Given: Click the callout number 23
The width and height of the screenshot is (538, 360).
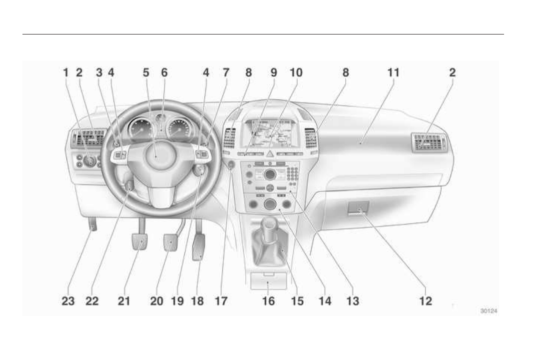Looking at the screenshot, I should [x=68, y=301].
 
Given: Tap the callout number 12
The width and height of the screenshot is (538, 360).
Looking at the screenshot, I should [x=426, y=301].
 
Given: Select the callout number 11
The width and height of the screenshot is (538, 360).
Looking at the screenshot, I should [x=393, y=72].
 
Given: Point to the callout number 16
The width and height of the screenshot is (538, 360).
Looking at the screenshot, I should [x=268, y=301].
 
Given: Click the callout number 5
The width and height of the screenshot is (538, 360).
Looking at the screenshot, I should [x=146, y=72].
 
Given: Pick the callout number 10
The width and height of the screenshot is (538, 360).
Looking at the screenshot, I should [x=296, y=72].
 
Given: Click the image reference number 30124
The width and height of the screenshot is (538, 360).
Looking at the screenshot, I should [x=489, y=310].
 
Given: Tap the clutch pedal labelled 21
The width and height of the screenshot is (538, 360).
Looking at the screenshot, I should [x=139, y=241].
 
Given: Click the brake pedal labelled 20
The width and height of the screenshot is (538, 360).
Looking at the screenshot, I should [x=171, y=243].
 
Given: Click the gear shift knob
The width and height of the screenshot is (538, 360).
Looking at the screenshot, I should [x=269, y=223].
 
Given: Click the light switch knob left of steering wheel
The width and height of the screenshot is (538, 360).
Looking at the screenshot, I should [x=90, y=161].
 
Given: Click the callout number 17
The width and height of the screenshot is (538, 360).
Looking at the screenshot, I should [x=221, y=301].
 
